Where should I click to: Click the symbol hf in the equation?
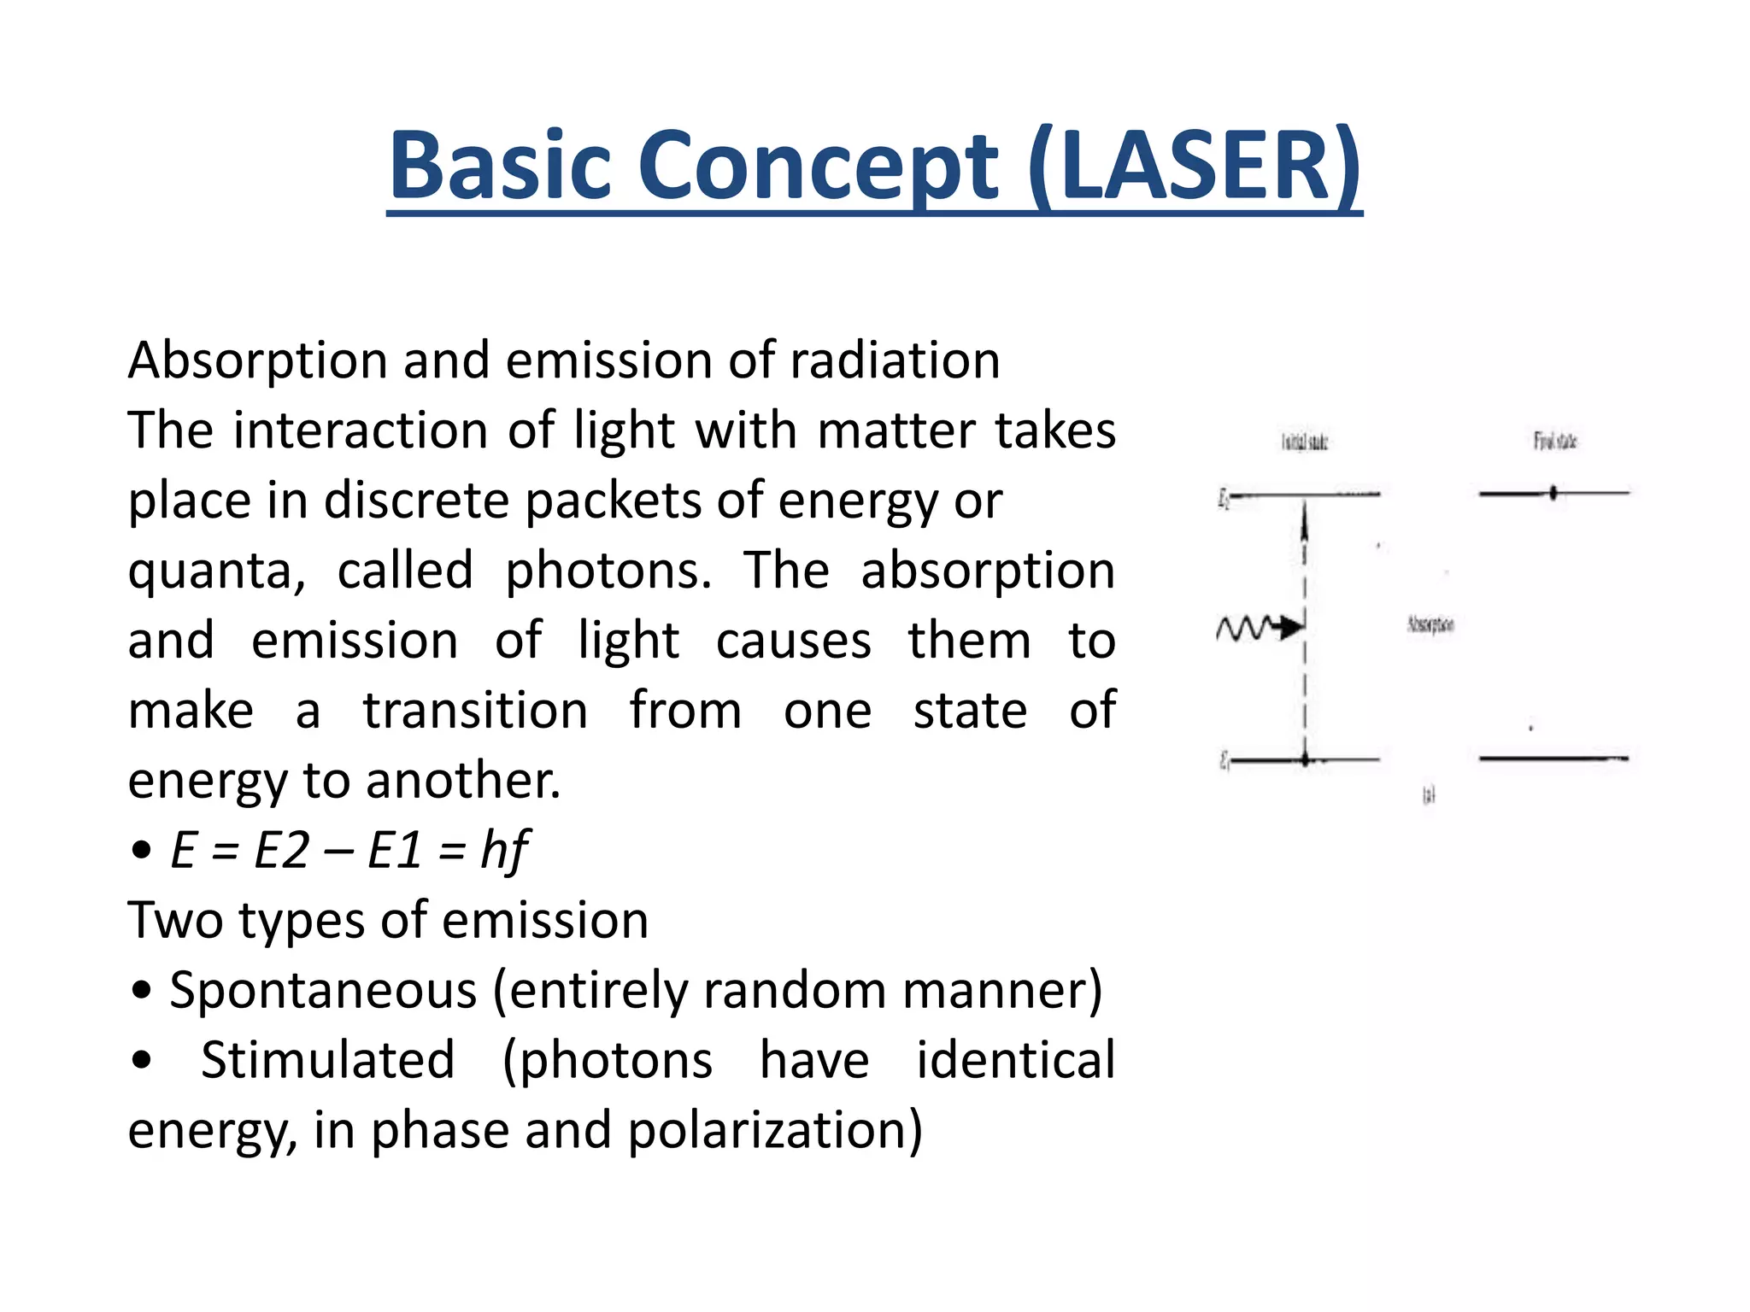tap(504, 851)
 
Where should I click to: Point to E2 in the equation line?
tap(282, 851)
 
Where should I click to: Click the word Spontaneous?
tap(323, 991)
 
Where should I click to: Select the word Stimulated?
tap(327, 1061)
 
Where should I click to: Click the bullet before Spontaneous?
tap(142, 991)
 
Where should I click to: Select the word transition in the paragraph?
tap(475, 711)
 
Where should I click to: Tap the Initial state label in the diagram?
tap(1304, 442)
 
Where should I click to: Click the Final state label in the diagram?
tap(1554, 441)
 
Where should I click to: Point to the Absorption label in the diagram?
tap(1430, 624)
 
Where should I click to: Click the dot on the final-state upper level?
tap(1553, 493)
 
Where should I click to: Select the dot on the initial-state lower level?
tap(1305, 758)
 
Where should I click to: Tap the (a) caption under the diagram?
tap(1429, 795)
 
